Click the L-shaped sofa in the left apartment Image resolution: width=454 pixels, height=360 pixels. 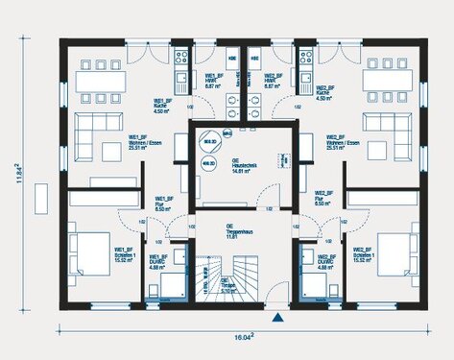[92, 134]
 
